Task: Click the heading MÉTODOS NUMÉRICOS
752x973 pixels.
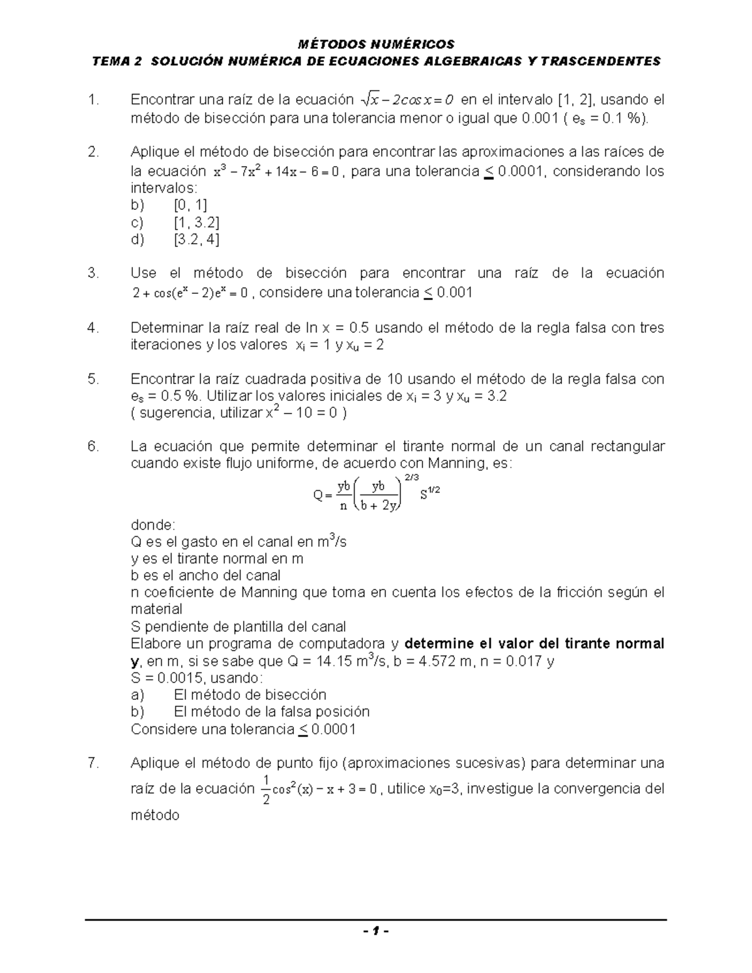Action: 375,44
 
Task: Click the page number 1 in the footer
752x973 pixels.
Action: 375,931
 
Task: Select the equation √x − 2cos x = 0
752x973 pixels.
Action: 409,100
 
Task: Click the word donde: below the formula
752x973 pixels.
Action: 154,524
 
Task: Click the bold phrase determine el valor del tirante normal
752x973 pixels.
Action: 535,644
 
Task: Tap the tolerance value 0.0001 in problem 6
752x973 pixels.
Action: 333,729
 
